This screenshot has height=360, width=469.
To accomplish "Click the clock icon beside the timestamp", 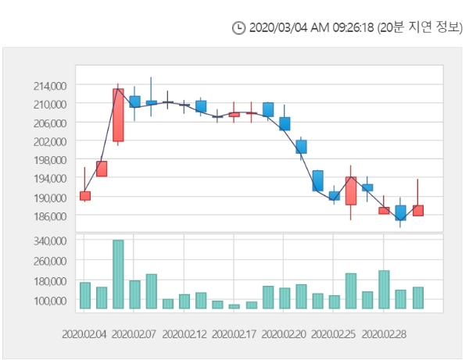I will click(x=239, y=28).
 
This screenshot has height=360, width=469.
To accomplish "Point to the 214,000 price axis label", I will click(x=49, y=85).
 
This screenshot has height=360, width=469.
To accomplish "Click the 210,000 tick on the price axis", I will click(x=49, y=104).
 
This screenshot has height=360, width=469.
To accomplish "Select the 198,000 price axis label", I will click(x=49, y=160).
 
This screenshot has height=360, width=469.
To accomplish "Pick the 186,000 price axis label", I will click(x=49, y=216).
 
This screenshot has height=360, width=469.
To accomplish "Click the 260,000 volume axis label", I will click(x=49, y=262).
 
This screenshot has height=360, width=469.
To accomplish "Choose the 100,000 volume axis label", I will click(x=49, y=300).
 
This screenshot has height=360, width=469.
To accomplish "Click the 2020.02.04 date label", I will click(x=84, y=333).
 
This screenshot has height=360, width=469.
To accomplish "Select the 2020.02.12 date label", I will click(x=184, y=333).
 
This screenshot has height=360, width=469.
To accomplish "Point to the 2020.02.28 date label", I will click(x=384, y=333).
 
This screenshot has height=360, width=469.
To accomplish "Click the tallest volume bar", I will click(x=118, y=274).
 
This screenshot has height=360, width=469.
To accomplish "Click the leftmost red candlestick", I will click(x=85, y=195).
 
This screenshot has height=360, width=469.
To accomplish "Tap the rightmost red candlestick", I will click(x=418, y=210).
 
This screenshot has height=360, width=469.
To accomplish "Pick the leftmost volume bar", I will click(x=85, y=295).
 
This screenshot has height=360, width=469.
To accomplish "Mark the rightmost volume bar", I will click(x=418, y=298).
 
